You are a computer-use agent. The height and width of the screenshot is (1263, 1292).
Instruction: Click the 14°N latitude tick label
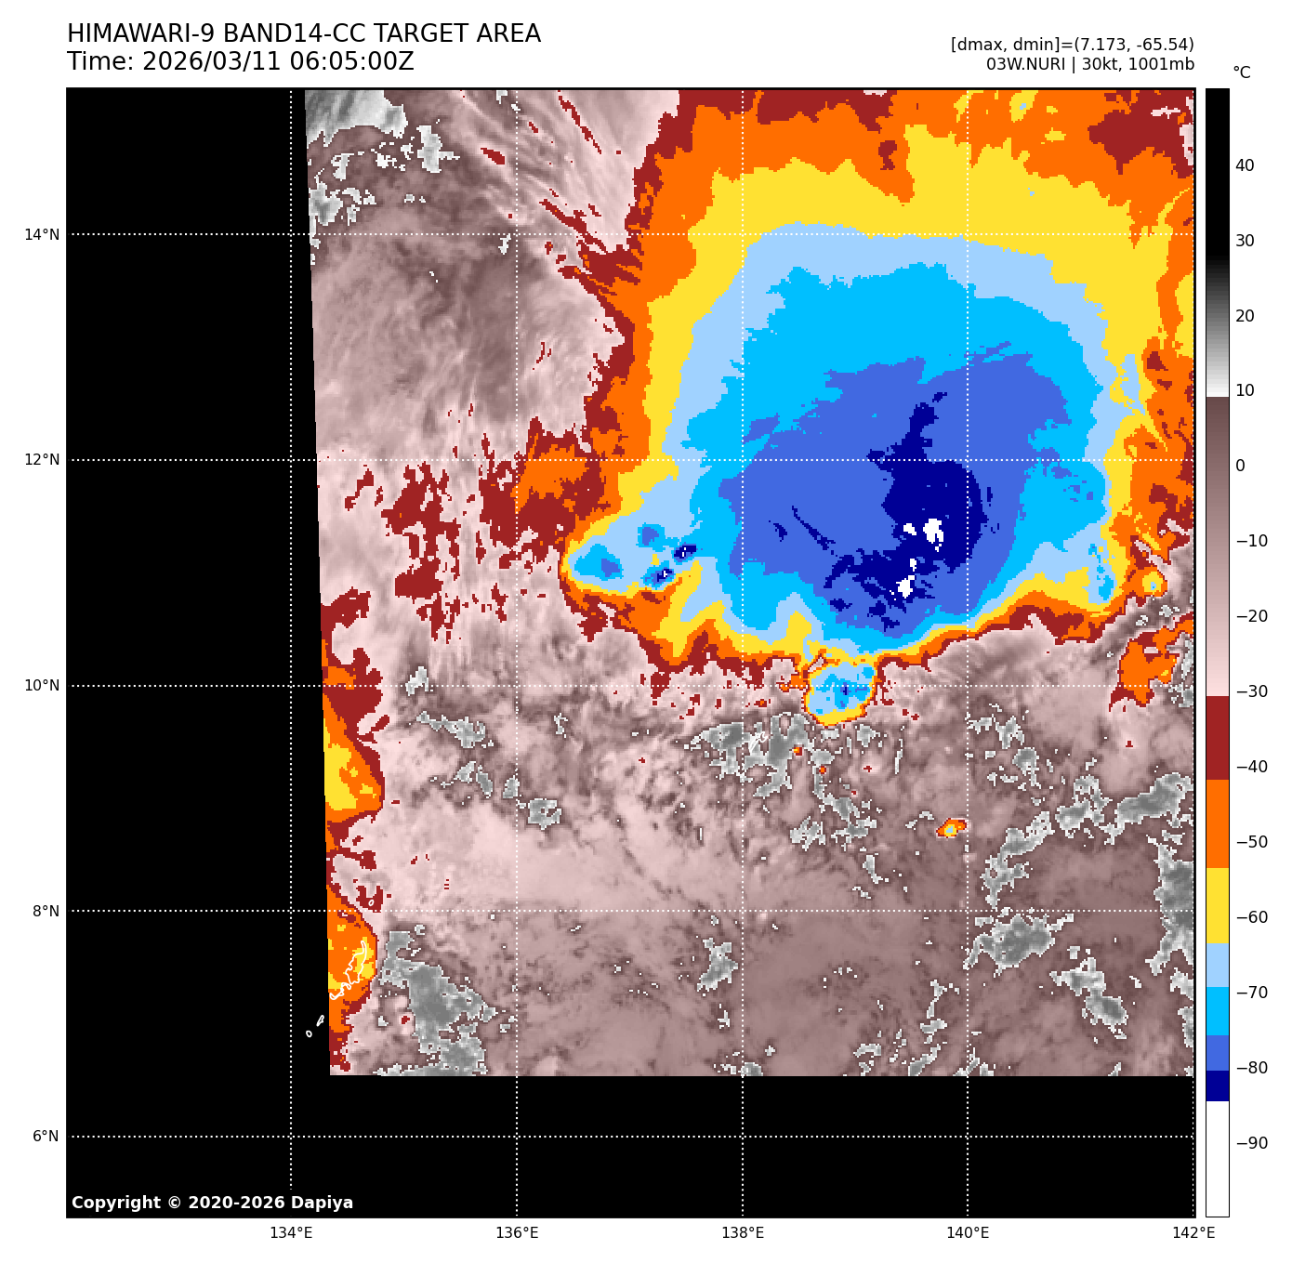click(42, 234)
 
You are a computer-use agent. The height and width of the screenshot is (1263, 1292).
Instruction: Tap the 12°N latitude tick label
click(42, 460)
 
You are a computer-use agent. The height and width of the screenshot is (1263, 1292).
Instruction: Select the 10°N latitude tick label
click(42, 686)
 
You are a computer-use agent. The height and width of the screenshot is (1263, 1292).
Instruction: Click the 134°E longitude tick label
click(291, 1233)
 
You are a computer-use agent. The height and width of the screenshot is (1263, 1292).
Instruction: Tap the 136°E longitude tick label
click(517, 1233)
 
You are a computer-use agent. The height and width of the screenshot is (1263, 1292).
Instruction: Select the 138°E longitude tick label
click(743, 1233)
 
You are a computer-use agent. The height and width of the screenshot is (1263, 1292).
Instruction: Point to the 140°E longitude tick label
click(968, 1233)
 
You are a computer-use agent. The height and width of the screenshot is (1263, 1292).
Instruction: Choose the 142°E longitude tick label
click(1193, 1233)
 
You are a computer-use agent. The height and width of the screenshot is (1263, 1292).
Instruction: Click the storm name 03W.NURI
click(1025, 65)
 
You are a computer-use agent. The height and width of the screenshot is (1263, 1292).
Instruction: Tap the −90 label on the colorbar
click(1251, 1143)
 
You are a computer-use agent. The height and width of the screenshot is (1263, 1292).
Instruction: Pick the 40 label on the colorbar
click(1245, 165)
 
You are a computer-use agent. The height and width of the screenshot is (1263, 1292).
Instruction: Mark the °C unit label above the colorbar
click(1242, 72)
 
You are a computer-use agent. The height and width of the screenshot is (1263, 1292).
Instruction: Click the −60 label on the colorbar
click(1251, 917)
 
